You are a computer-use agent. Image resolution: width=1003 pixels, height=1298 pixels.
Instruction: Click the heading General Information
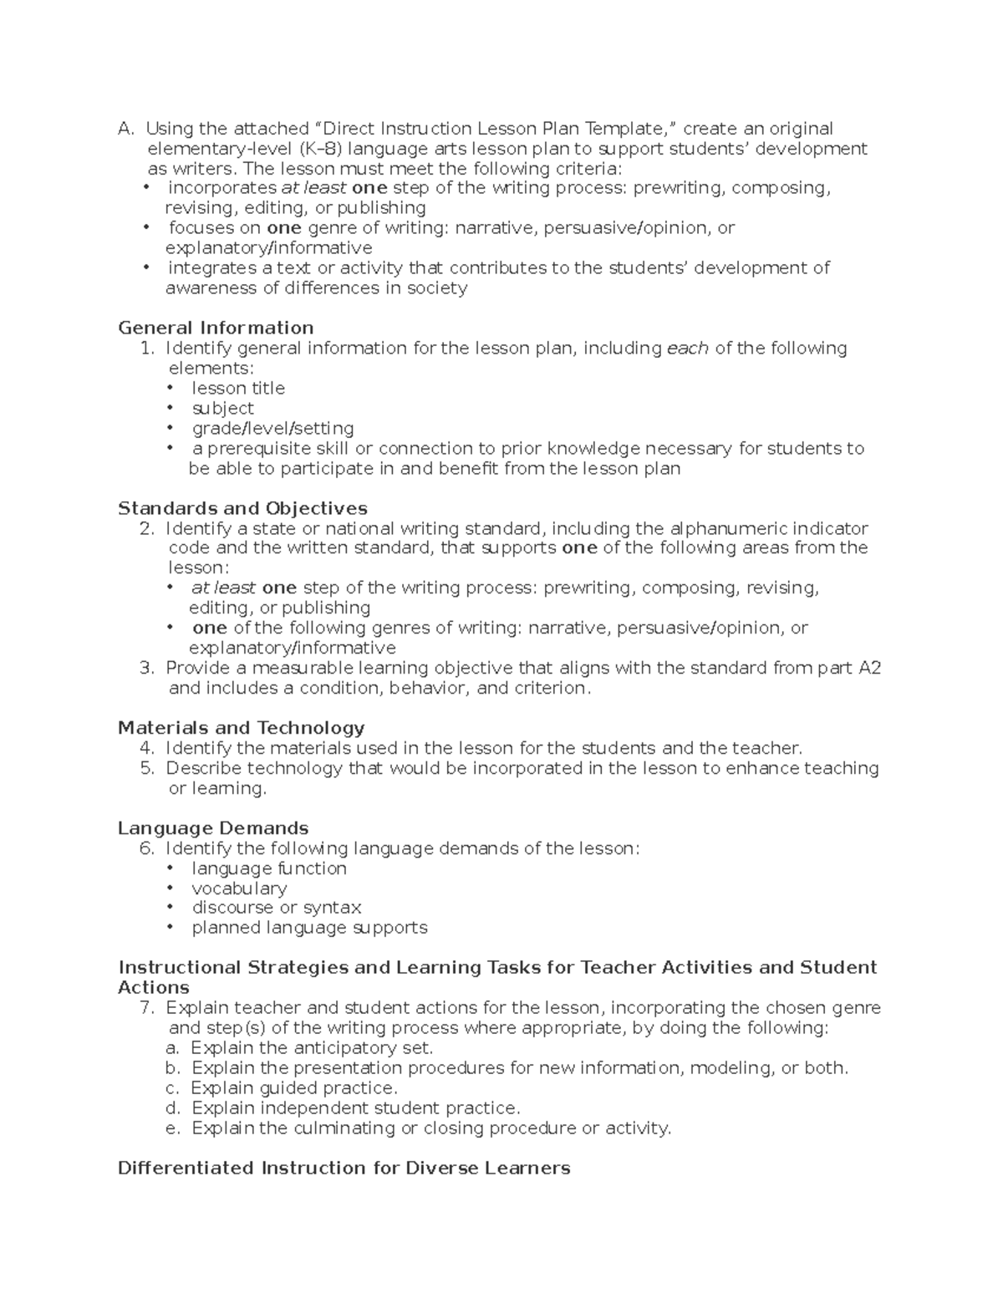pos(216,328)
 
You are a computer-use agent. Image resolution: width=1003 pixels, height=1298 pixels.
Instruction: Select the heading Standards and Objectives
pos(242,508)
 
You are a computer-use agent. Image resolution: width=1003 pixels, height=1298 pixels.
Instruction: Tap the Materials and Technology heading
pos(241,728)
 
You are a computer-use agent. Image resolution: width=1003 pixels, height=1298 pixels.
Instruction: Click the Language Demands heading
pos(213,828)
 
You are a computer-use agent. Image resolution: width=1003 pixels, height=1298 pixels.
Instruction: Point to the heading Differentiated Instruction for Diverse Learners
pos(344,1168)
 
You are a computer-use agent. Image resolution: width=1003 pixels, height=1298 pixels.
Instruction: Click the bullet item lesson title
pos(238,388)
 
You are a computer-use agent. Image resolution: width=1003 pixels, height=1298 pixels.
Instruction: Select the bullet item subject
pos(222,408)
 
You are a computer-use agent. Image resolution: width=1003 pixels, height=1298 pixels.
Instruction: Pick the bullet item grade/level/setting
pos(272,428)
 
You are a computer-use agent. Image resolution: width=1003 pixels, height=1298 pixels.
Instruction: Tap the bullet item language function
pos(269,868)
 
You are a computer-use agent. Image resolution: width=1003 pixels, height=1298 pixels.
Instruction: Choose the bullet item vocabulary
pos(239,888)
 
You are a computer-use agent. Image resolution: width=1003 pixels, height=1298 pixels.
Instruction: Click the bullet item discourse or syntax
pos(276,908)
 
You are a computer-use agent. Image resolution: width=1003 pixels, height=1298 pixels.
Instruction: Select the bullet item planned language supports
pos(309,928)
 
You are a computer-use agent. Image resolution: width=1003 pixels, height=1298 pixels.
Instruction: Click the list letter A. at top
pos(125,129)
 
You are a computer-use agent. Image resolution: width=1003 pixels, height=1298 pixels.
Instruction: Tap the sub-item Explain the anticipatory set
pos(312,1048)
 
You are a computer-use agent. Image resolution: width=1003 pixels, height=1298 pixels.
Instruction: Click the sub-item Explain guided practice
pos(294,1088)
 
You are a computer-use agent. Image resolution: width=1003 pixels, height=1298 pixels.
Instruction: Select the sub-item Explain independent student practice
pos(355,1108)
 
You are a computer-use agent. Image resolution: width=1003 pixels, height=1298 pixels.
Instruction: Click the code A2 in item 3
pos(870,668)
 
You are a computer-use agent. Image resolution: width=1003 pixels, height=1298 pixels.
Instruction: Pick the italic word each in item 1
pos(688,348)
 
